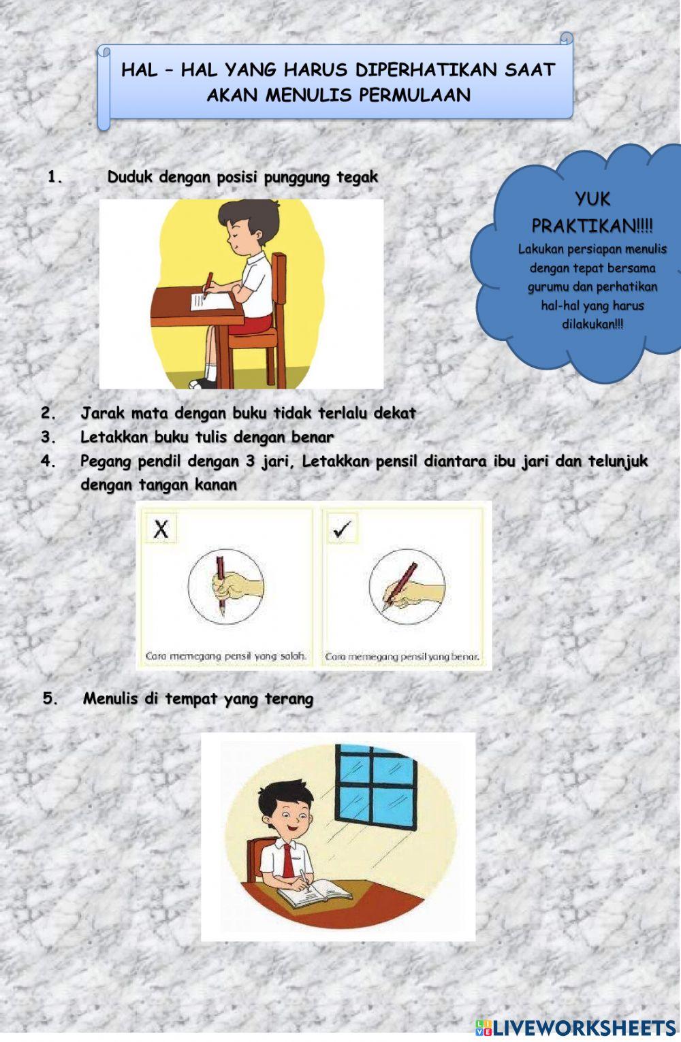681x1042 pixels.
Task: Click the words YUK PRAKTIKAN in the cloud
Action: [x=592, y=212]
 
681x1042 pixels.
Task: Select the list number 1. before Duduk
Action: [x=54, y=178]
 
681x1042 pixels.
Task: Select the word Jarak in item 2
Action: [x=102, y=413]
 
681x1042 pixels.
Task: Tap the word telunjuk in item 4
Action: [x=618, y=461]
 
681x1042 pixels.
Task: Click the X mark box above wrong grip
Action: [x=161, y=528]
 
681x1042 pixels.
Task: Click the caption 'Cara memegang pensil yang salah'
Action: [x=225, y=657]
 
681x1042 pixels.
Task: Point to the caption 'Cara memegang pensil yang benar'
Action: [x=402, y=657]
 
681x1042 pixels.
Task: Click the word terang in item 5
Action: [x=289, y=699]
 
